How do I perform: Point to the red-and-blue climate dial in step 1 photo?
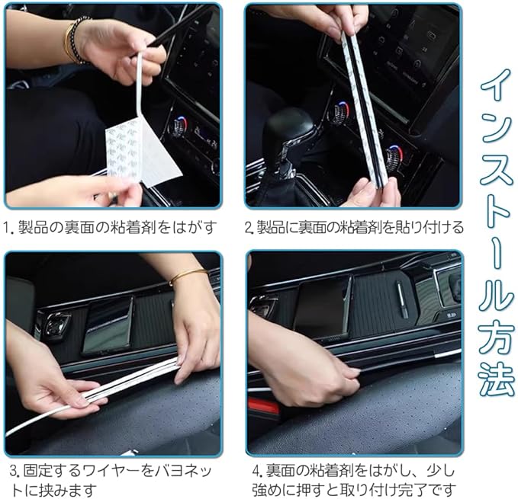[x=179, y=126]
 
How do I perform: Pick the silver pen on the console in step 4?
[x=402, y=299]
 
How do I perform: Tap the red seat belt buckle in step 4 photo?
[x=263, y=405]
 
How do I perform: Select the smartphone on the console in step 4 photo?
[x=321, y=307]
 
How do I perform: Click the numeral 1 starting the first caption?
[x=7, y=228]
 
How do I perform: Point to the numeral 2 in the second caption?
[x=249, y=228]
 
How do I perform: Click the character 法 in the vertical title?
[x=497, y=379]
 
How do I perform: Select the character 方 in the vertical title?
[x=497, y=339]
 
